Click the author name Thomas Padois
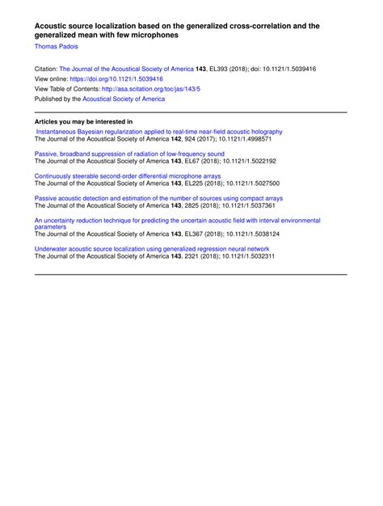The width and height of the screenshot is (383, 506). click(56, 48)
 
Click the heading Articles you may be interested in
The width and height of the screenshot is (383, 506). click(83, 122)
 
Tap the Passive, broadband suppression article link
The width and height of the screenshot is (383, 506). click(129, 154)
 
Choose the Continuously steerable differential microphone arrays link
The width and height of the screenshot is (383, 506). click(128, 175)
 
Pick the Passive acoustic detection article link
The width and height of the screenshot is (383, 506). click(158, 197)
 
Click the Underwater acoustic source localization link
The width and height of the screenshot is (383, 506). click(151, 249)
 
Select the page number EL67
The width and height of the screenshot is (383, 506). click(217, 161)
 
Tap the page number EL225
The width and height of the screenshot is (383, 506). click(219, 183)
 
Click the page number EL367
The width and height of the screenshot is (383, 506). click(219, 234)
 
